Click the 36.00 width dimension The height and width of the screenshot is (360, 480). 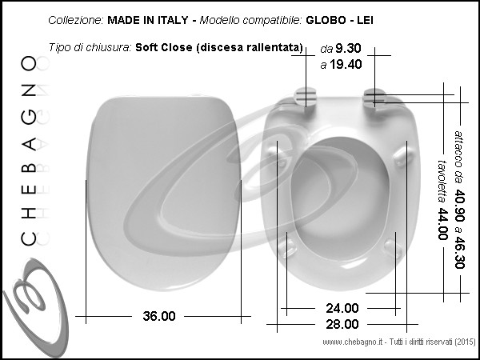[159, 316]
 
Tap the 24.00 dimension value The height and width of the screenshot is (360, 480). [342, 308]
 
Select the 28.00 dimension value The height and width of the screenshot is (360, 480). [342, 324]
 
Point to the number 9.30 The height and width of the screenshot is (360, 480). [348, 48]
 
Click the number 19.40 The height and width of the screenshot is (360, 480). [346, 64]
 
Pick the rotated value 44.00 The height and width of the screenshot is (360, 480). [442, 224]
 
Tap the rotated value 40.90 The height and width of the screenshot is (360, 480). [459, 206]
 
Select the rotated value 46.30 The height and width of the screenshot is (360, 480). [459, 252]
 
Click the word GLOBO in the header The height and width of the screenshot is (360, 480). [326, 20]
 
